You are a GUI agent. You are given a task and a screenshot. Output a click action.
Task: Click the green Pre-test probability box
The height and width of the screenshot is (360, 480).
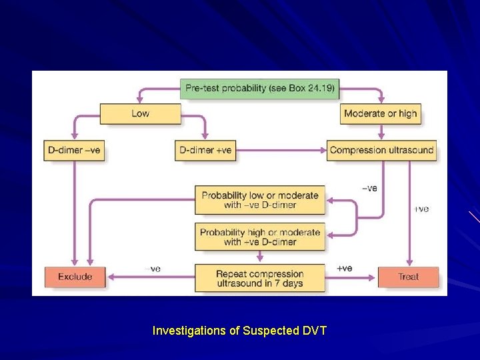pyautogui.click(x=259, y=88)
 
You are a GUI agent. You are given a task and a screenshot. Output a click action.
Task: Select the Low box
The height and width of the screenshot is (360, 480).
pyautogui.click(x=140, y=113)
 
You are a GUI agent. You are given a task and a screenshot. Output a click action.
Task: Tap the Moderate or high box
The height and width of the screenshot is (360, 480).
pyautogui.click(x=380, y=113)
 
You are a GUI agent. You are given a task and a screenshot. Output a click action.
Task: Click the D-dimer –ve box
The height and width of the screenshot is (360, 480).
pyautogui.click(x=74, y=150)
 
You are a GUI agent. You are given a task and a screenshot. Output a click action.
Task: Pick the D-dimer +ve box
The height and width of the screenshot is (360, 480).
pyautogui.click(x=205, y=150)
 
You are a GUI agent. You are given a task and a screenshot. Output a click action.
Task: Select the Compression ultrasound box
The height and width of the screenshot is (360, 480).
pyautogui.click(x=381, y=150)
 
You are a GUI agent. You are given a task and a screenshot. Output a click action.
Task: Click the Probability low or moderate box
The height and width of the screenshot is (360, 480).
pyautogui.click(x=260, y=200)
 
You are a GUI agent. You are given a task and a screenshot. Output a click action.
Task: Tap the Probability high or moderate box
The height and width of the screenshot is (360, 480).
pyautogui.click(x=260, y=237)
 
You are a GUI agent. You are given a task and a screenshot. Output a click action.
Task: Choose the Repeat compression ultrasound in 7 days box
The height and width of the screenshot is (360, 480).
pyautogui.click(x=260, y=279)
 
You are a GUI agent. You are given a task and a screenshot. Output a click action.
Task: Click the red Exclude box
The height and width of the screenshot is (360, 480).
pyautogui.click(x=75, y=277)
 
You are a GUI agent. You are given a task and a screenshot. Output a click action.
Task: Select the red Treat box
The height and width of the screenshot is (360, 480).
pyautogui.click(x=408, y=277)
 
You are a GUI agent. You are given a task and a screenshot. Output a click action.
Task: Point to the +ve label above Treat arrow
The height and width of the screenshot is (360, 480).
pyautogui.click(x=421, y=209)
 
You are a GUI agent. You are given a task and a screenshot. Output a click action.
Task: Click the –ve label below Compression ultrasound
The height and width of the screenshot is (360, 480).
pyautogui.click(x=369, y=188)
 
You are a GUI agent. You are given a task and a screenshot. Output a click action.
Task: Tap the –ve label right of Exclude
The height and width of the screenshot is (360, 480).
pyautogui.click(x=153, y=268)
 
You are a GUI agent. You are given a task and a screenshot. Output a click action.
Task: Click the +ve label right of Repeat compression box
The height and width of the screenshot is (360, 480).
pyautogui.click(x=344, y=268)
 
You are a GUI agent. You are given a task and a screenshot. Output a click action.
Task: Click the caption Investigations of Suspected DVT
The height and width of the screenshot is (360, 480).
pyautogui.click(x=239, y=330)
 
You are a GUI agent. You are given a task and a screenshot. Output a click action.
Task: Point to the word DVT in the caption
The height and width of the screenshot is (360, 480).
pyautogui.click(x=313, y=330)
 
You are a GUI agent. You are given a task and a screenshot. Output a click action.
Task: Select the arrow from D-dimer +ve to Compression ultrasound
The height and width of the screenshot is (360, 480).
pyautogui.click(x=280, y=150)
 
